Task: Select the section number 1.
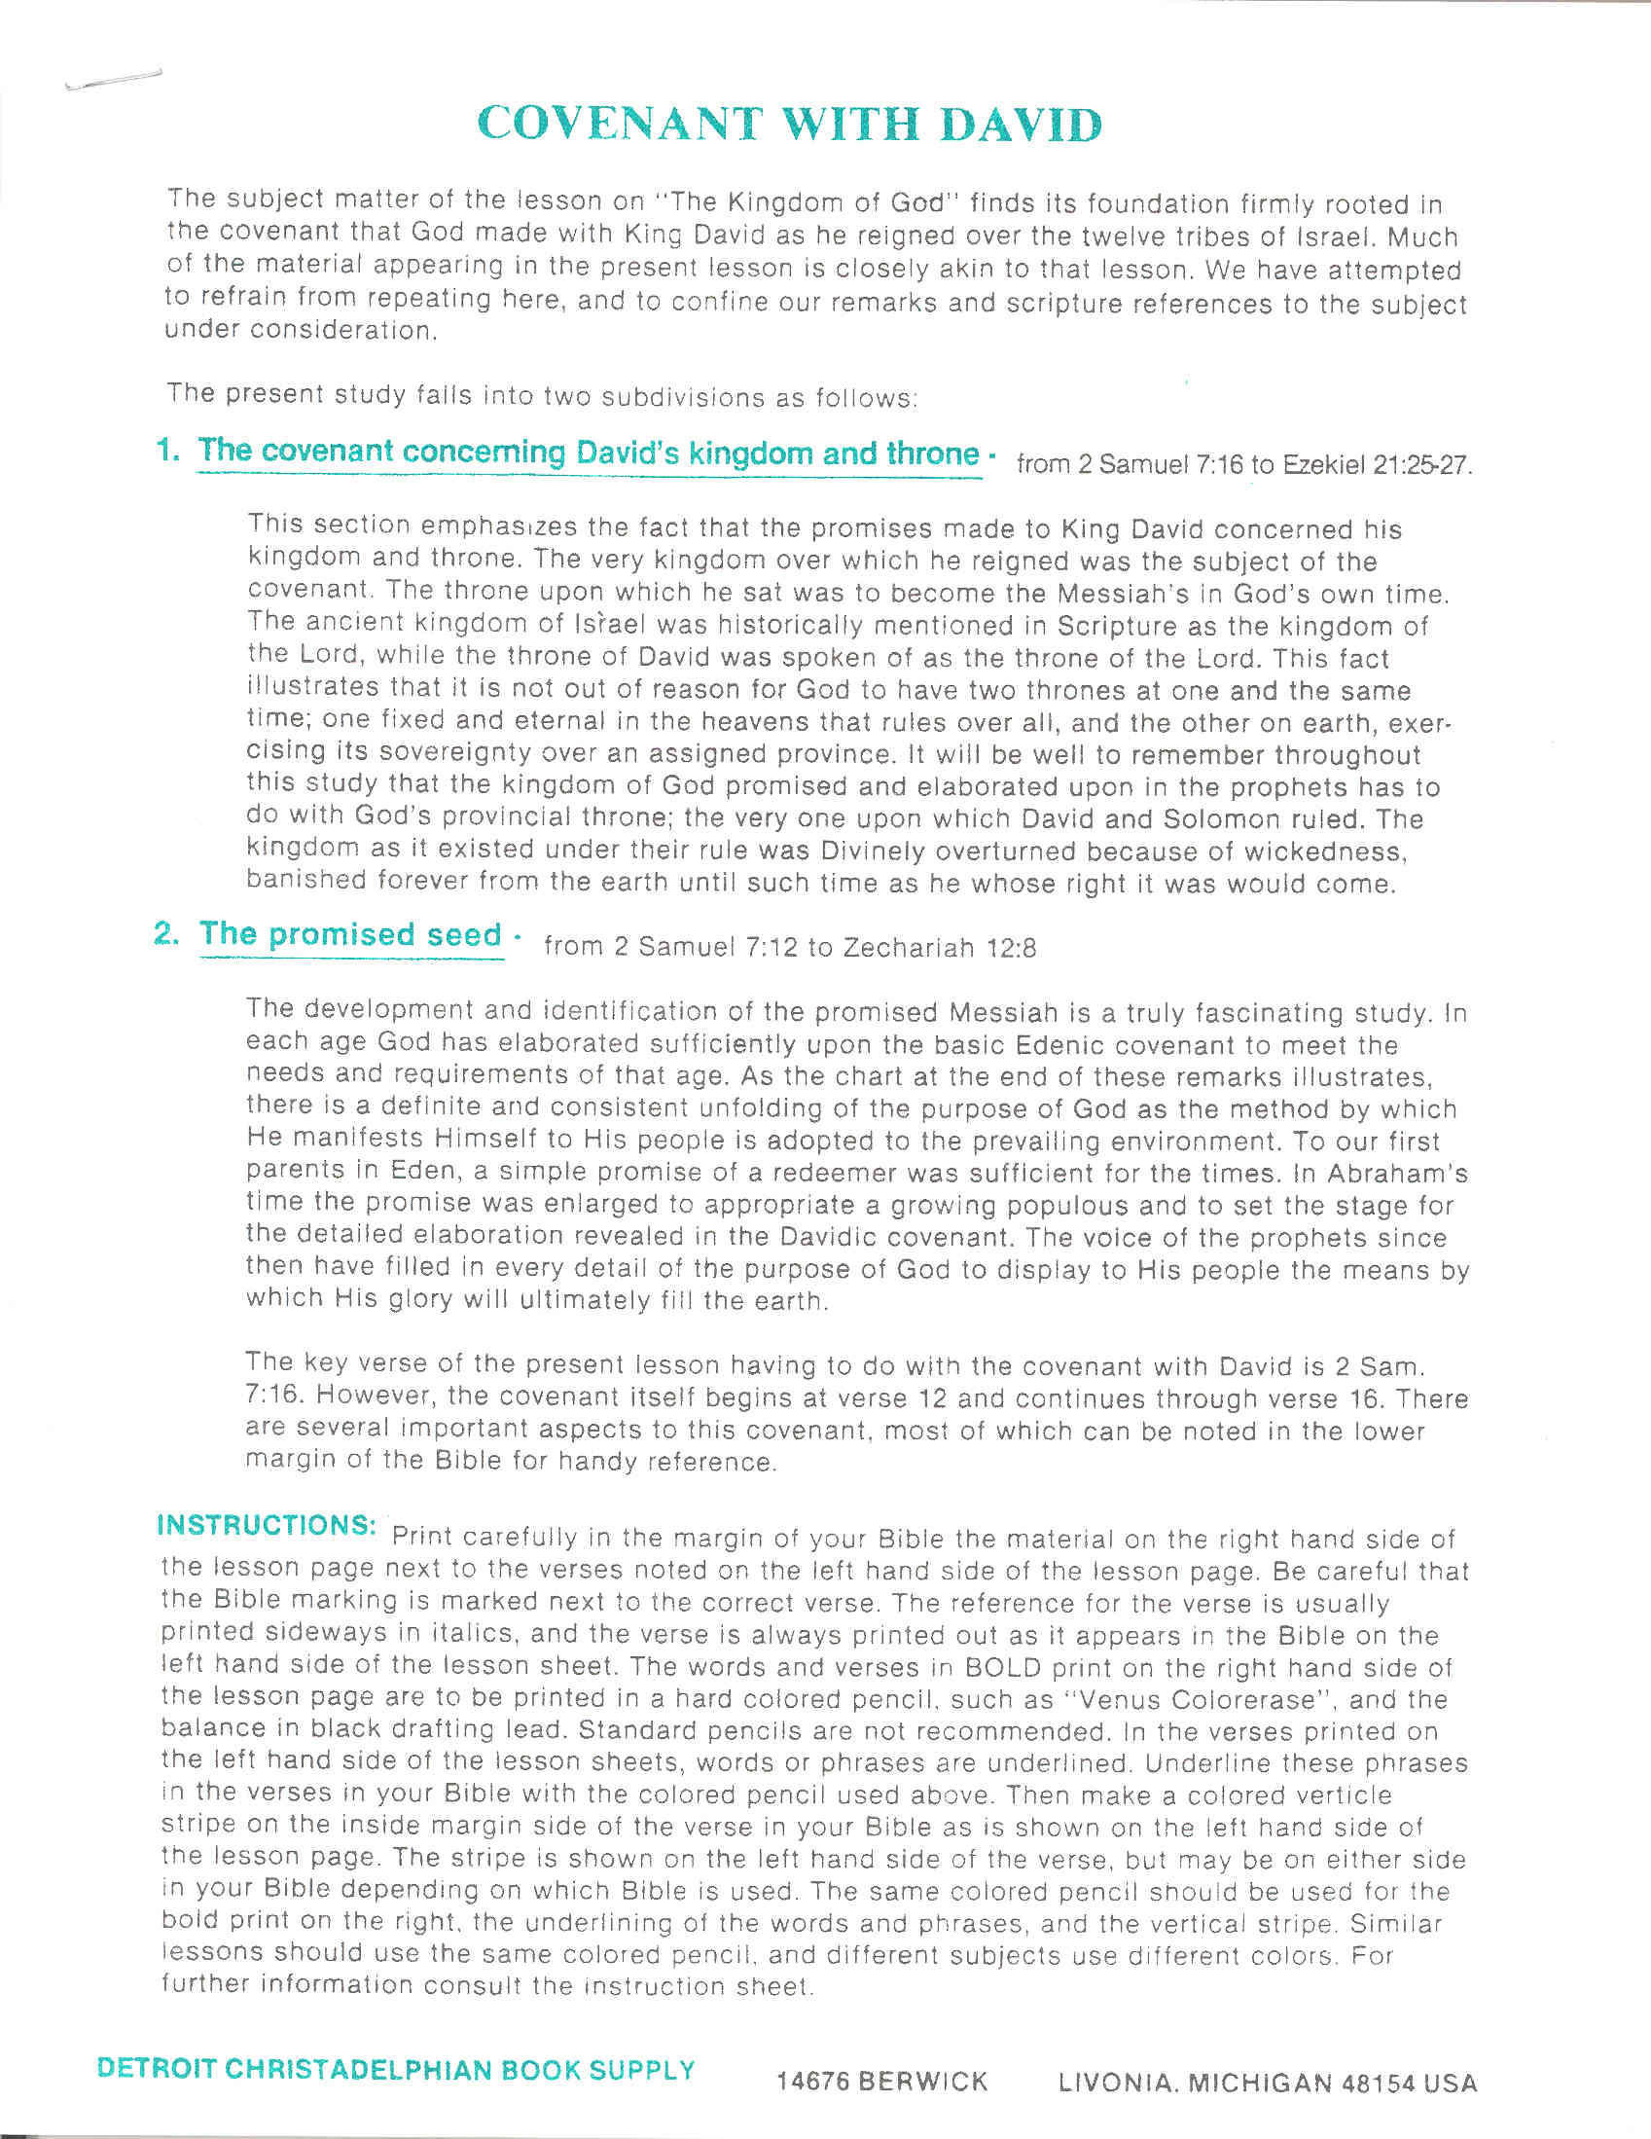point(167,451)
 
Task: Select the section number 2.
point(166,933)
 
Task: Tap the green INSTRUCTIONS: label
point(267,1525)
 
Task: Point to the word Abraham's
point(1395,1174)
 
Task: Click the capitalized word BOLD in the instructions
point(1005,1667)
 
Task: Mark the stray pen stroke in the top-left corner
point(112,81)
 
